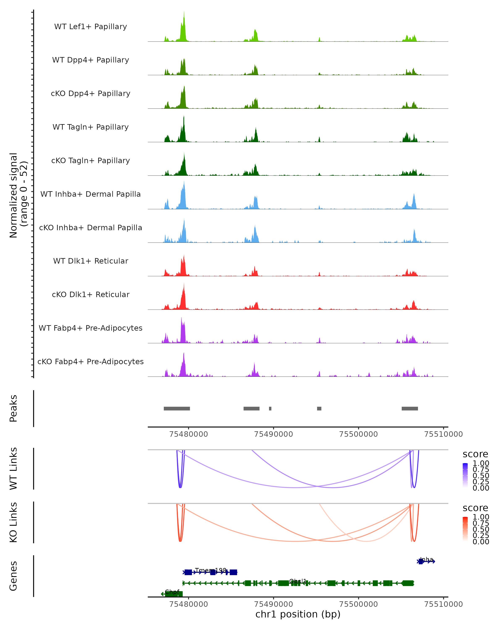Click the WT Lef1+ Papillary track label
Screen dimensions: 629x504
[91, 27]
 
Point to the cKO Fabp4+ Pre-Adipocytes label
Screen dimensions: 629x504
[91, 361]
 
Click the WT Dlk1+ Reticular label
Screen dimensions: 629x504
[91, 261]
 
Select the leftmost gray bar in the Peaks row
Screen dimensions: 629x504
[177, 408]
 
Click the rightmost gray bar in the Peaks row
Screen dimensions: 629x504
[410, 408]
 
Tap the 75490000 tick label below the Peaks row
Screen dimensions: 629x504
[273, 434]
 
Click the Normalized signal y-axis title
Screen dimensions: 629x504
[18, 195]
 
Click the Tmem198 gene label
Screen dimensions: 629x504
[211, 570]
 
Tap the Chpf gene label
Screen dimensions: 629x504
[172, 592]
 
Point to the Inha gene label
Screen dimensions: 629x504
[426, 559]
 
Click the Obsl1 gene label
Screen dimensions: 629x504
[298, 581]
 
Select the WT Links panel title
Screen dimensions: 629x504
[13, 469]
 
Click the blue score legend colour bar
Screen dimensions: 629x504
[465, 476]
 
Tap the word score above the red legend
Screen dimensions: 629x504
[475, 508]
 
